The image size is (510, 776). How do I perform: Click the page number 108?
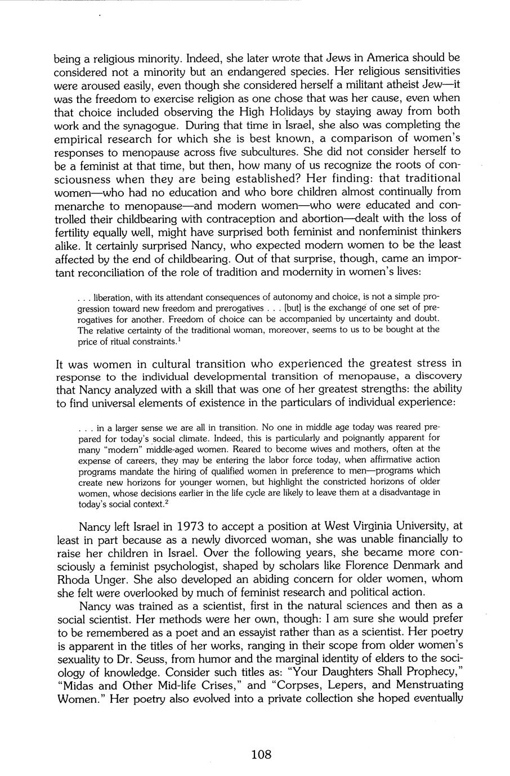(261, 754)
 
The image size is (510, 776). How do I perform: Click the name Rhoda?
(70, 578)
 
